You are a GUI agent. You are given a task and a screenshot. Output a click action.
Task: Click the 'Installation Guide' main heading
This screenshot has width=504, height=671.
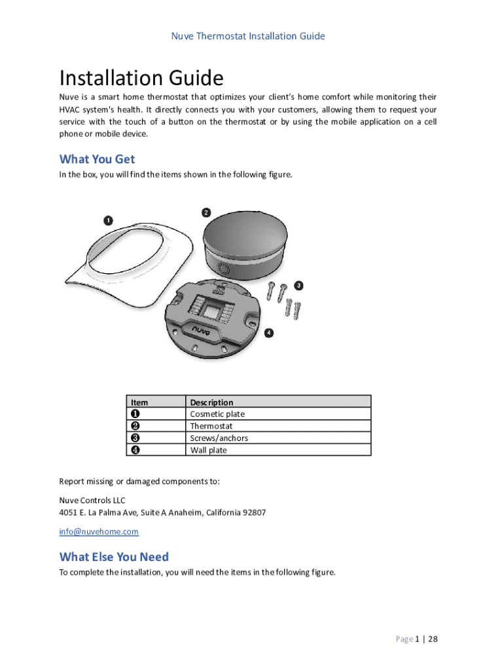pyautogui.click(x=141, y=79)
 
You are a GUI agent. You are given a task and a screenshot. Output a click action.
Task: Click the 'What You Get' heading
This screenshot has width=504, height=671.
pyautogui.click(x=97, y=159)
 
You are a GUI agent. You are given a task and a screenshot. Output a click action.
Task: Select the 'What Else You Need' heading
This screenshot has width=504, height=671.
pyautogui.click(x=114, y=557)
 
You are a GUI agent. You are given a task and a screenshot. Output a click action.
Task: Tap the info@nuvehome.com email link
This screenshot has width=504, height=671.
pyautogui.click(x=99, y=531)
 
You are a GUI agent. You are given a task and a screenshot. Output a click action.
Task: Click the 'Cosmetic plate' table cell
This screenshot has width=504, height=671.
pyautogui.click(x=217, y=414)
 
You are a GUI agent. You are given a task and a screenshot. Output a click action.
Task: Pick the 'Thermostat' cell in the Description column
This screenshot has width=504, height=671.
pyautogui.click(x=211, y=426)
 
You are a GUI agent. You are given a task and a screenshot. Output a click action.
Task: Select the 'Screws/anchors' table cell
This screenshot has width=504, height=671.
pyautogui.click(x=219, y=438)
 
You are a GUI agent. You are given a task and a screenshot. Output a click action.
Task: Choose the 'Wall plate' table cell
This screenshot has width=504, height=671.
pyautogui.click(x=209, y=450)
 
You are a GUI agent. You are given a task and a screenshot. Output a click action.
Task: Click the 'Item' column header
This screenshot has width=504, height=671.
pyautogui.click(x=139, y=402)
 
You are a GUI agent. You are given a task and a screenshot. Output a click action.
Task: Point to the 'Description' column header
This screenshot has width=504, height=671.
pyautogui.click(x=211, y=402)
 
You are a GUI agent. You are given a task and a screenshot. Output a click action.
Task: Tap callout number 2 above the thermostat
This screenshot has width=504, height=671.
pyautogui.click(x=206, y=213)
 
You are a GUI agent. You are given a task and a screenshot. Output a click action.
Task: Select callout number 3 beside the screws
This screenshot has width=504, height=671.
pyautogui.click(x=298, y=286)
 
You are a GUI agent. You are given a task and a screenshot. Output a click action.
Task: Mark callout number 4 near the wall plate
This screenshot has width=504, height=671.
pyautogui.click(x=269, y=333)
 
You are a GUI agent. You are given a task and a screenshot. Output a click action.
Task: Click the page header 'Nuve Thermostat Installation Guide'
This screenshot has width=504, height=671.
pyautogui.click(x=248, y=36)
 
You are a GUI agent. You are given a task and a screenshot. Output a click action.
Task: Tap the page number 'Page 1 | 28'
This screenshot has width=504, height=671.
pyautogui.click(x=416, y=640)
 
